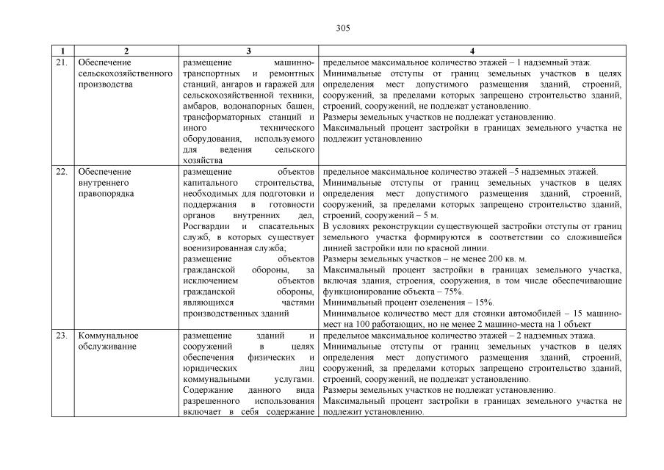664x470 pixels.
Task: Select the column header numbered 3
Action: click(248, 51)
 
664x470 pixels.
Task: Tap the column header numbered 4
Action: click(472, 51)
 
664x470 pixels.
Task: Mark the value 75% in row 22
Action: click(451, 292)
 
